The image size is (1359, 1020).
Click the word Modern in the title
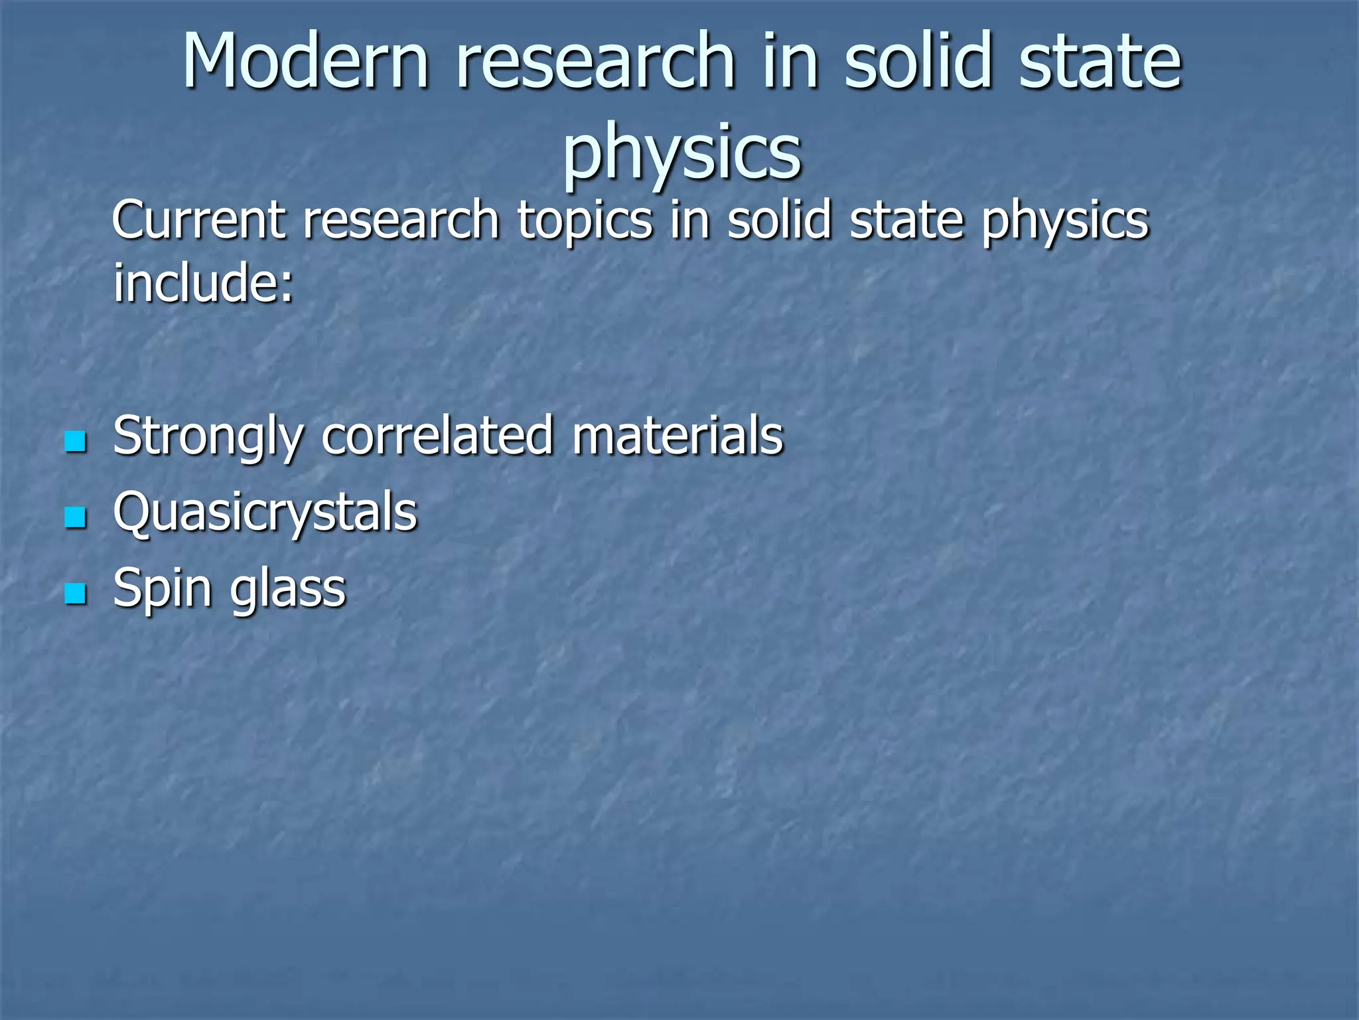tap(306, 61)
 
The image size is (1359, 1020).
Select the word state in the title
tap(1100, 61)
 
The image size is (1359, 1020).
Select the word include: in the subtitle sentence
tap(203, 282)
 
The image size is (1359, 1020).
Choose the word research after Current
tap(401, 220)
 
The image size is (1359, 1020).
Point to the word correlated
tap(437, 436)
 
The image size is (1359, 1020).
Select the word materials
tap(678, 436)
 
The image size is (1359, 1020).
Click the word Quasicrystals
tap(265, 513)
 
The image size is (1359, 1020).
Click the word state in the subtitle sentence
tap(906, 220)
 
